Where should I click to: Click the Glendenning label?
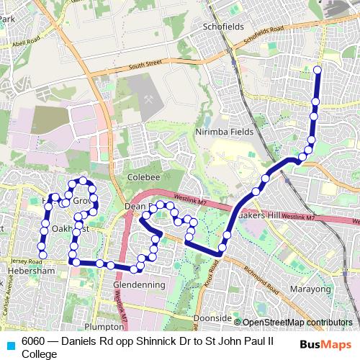point(139,285)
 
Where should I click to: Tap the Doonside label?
point(212,318)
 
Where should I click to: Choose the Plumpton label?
point(99,325)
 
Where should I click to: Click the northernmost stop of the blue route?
point(318,70)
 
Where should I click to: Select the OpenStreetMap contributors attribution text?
point(297,322)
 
